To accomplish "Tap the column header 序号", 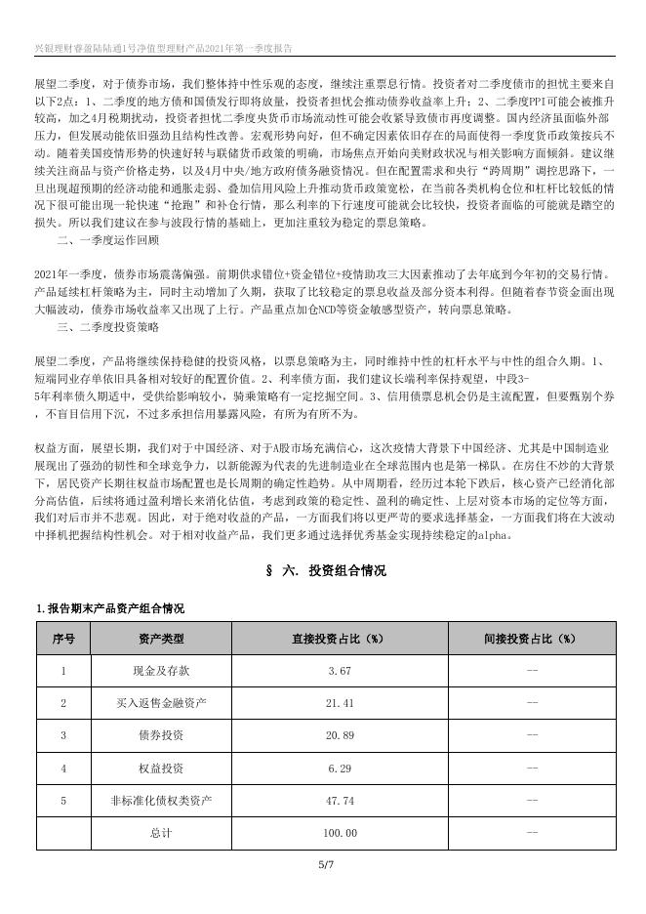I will point(63,639).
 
